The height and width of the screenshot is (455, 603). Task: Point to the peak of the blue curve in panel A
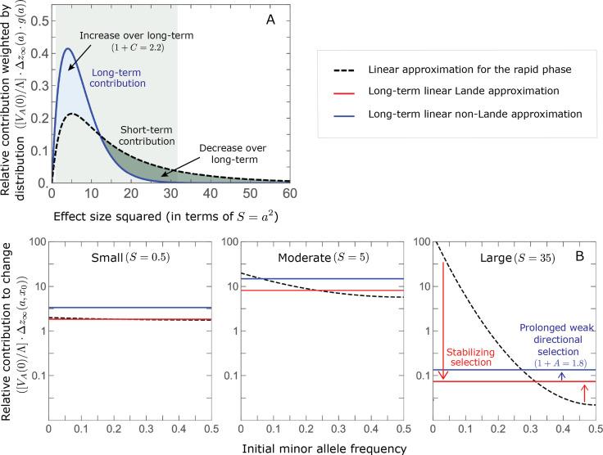(69, 49)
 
